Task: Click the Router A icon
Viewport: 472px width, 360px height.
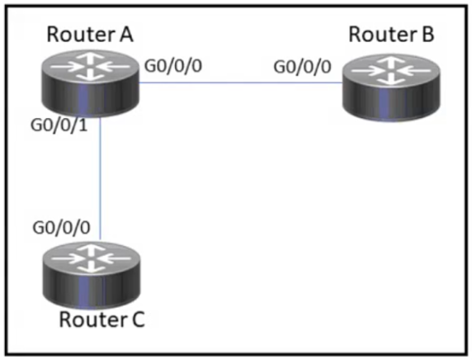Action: coord(90,83)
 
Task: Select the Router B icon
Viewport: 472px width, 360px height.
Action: coord(391,88)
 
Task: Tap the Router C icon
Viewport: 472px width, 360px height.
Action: coord(92,275)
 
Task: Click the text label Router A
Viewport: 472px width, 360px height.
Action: coord(90,35)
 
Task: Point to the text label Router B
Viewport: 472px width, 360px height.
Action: coord(391,35)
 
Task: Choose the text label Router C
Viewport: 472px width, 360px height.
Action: coord(102,320)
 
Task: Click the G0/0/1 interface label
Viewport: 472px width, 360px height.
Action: coord(59,125)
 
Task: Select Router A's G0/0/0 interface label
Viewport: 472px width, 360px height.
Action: coord(173,66)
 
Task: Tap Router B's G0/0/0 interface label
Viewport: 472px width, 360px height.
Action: coord(303,67)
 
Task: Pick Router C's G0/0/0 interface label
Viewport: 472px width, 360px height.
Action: coord(61,227)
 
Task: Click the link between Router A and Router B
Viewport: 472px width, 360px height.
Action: coord(241,82)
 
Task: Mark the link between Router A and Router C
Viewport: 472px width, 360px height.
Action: coord(100,179)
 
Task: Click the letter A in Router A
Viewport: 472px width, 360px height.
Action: coord(125,35)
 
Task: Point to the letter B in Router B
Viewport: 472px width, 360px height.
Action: coord(428,35)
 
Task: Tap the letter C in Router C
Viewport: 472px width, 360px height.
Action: coord(139,320)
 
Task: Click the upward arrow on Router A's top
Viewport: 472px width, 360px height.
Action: coord(90,58)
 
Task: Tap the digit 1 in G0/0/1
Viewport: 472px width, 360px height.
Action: coord(83,125)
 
